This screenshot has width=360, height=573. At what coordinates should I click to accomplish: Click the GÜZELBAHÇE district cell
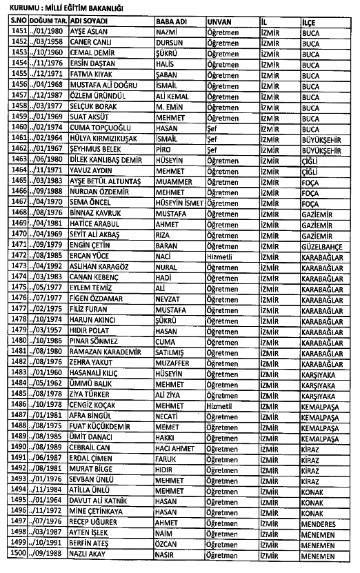click(322, 245)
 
